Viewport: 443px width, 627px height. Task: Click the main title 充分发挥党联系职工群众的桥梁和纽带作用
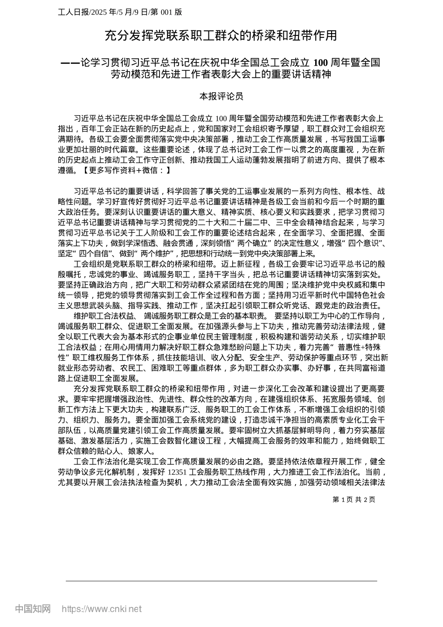221,35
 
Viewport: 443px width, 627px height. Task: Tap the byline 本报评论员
221,97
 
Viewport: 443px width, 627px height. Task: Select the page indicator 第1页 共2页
354,500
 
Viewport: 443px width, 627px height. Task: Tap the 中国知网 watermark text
33,609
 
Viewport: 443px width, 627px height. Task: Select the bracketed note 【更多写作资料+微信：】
123,170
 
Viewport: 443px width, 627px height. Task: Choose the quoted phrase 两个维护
154,254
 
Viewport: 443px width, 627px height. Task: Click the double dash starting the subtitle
71,63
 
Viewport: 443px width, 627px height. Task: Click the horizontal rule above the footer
221,581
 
